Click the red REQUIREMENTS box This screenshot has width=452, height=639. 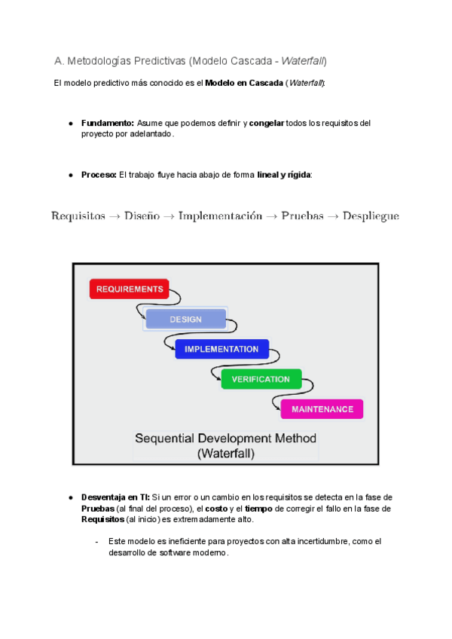(130, 289)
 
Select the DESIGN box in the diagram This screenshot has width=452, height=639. (185, 319)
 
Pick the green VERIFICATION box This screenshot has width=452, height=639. (261, 379)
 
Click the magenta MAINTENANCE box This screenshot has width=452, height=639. (322, 409)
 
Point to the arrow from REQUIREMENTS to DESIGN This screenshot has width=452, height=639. (140, 309)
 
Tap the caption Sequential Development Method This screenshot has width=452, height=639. (225, 438)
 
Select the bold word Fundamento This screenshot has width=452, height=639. (107, 123)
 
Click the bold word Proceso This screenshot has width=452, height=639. (99, 175)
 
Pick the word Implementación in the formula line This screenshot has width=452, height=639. (220, 216)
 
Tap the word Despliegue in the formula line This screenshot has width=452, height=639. (371, 216)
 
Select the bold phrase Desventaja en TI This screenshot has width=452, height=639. (115, 497)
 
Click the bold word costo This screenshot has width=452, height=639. (217, 509)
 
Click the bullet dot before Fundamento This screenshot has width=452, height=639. (70, 123)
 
